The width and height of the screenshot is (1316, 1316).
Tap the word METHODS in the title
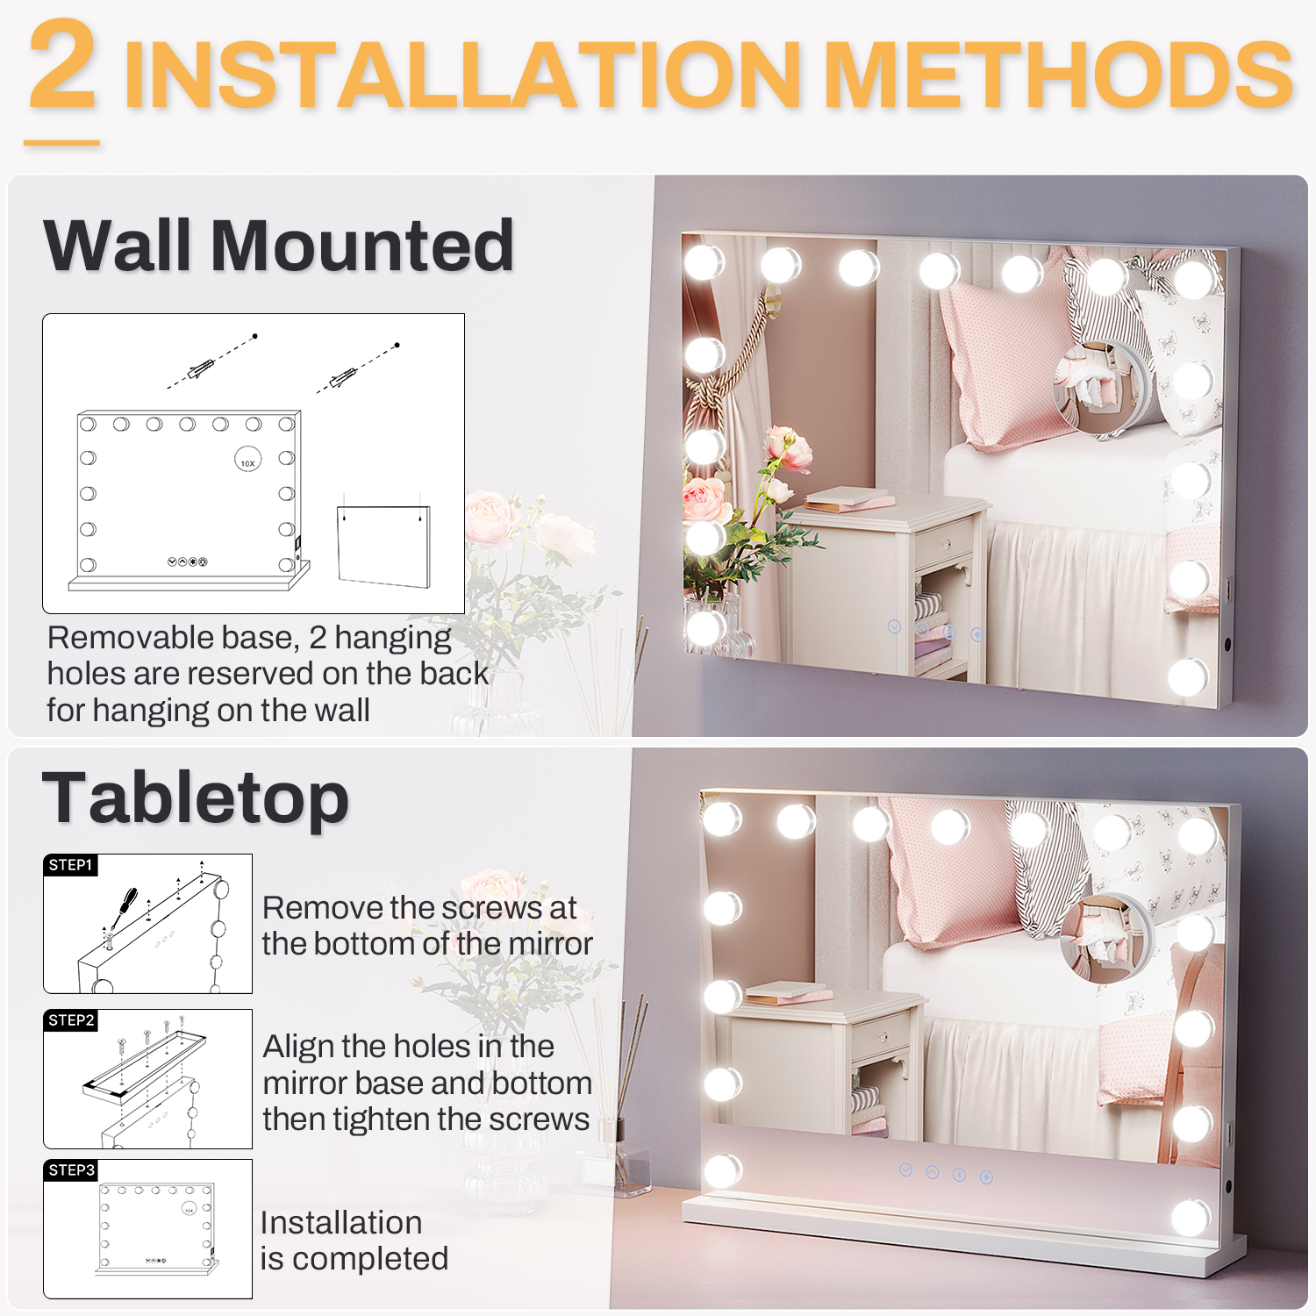point(1058,75)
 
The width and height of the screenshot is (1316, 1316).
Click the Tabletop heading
point(196,797)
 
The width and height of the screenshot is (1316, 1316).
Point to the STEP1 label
point(70,865)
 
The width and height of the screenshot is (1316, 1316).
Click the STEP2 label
point(71,1020)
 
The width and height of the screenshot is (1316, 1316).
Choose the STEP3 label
point(71,1170)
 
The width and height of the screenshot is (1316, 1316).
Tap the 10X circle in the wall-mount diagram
point(248,459)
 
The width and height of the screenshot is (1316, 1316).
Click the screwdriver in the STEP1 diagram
point(123,907)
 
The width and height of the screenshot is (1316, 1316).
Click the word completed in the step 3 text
point(370,1259)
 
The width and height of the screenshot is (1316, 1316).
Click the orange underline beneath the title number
point(61,142)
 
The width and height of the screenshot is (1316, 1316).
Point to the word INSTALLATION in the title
point(463,75)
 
